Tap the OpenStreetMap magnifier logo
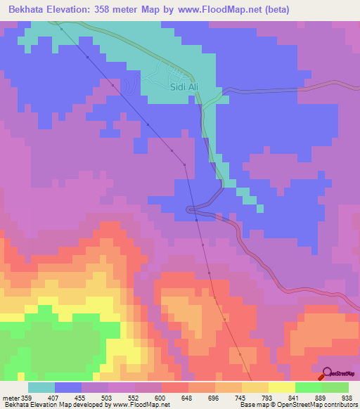click(x=327, y=373)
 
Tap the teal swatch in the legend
click(x=41, y=387)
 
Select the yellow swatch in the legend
click(x=282, y=387)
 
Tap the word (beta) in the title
click(x=275, y=10)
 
